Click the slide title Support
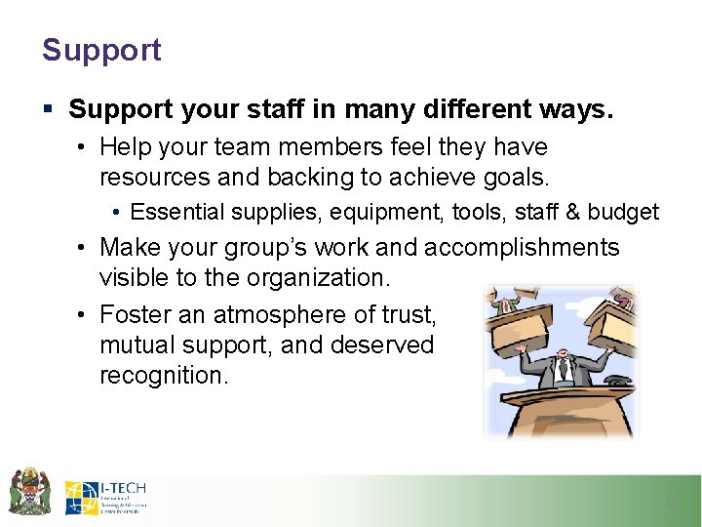click(101, 51)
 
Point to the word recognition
click(164, 376)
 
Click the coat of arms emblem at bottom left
click(30, 491)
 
